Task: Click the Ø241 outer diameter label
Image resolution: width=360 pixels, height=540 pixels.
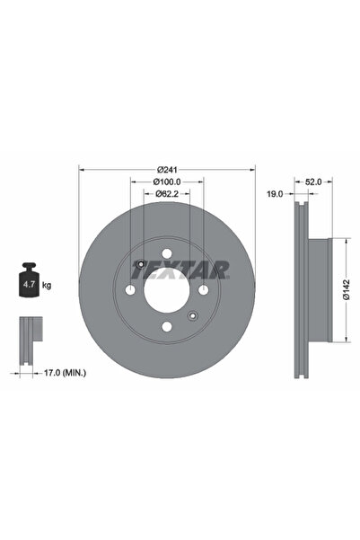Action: click(x=167, y=170)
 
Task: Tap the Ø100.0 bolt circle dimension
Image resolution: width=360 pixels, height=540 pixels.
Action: click(x=167, y=181)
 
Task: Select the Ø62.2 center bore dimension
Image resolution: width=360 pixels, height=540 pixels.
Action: click(x=167, y=193)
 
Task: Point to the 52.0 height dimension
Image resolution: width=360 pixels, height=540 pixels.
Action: click(x=313, y=181)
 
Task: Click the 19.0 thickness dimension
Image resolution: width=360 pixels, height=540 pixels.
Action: click(x=275, y=194)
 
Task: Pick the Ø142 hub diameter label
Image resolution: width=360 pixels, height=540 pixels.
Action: click(x=347, y=289)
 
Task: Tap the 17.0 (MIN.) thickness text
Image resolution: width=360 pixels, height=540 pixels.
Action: click(x=65, y=373)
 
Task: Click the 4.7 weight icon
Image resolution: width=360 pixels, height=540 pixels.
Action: click(x=29, y=279)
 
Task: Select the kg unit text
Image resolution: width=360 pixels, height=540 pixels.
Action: click(x=47, y=285)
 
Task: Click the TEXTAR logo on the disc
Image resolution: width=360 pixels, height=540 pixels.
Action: click(x=180, y=270)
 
